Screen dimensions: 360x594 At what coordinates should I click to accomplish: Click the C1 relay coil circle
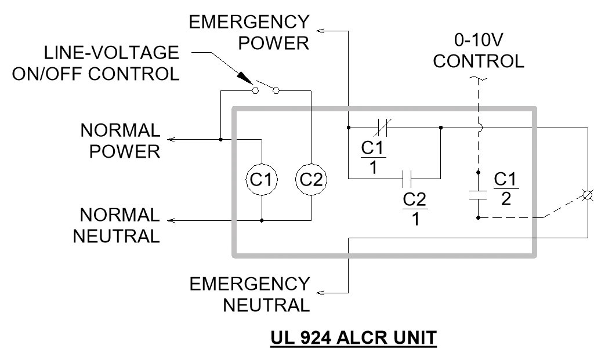(262, 180)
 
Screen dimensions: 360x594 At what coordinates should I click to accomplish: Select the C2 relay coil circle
(312, 180)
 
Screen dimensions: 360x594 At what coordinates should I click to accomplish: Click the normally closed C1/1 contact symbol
(383, 126)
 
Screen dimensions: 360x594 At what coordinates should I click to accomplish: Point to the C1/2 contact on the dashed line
(477, 195)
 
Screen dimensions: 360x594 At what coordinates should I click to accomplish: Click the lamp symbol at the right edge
(587, 195)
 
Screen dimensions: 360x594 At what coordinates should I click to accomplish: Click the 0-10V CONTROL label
(479, 51)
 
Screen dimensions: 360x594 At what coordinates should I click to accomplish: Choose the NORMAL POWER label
(120, 140)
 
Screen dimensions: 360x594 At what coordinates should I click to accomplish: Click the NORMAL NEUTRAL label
(120, 226)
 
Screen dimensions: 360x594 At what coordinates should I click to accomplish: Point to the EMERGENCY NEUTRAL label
(250, 294)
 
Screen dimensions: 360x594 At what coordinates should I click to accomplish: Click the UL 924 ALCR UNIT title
(353, 337)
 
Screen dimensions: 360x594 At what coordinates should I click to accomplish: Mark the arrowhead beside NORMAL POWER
(171, 140)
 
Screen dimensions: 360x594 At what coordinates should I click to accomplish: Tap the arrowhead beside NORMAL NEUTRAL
(171, 221)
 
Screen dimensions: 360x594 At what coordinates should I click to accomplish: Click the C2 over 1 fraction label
(415, 209)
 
